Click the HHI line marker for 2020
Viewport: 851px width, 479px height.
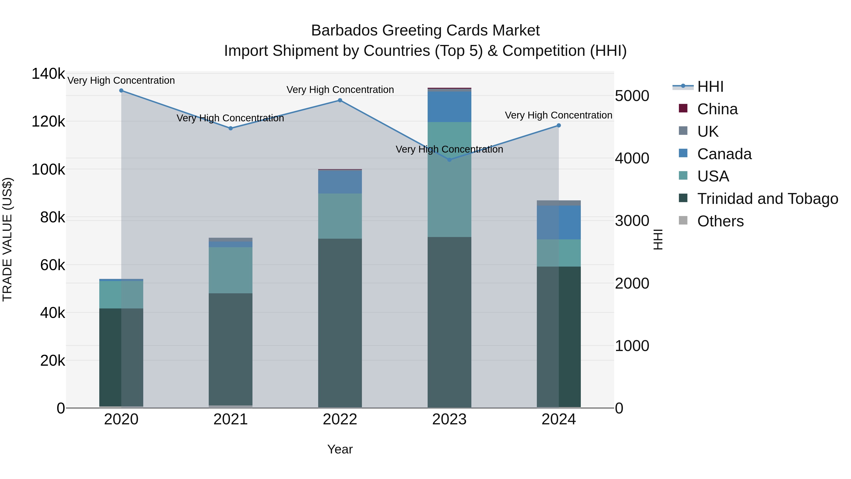pos(121,91)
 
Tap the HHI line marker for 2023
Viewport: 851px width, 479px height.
pos(449,160)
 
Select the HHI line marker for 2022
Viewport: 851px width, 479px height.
pos(340,100)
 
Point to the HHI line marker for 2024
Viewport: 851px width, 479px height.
pos(559,125)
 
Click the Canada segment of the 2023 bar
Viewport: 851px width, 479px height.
pos(449,107)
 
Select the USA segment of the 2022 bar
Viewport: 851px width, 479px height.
pos(340,216)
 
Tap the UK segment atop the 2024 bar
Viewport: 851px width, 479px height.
pos(559,203)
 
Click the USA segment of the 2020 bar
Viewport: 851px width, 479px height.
pos(121,294)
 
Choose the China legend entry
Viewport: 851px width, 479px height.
pos(717,109)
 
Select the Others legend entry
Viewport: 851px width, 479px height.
pos(720,221)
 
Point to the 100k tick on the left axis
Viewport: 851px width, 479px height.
pos(48,170)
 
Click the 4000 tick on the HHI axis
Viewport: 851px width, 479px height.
pos(632,158)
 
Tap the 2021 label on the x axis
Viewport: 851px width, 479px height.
pos(230,419)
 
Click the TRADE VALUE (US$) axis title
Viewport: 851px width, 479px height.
pos(8,239)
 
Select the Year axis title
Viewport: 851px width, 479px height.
pos(340,449)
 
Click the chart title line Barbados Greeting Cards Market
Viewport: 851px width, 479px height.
pos(425,31)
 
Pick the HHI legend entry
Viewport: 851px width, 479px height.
pos(710,87)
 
